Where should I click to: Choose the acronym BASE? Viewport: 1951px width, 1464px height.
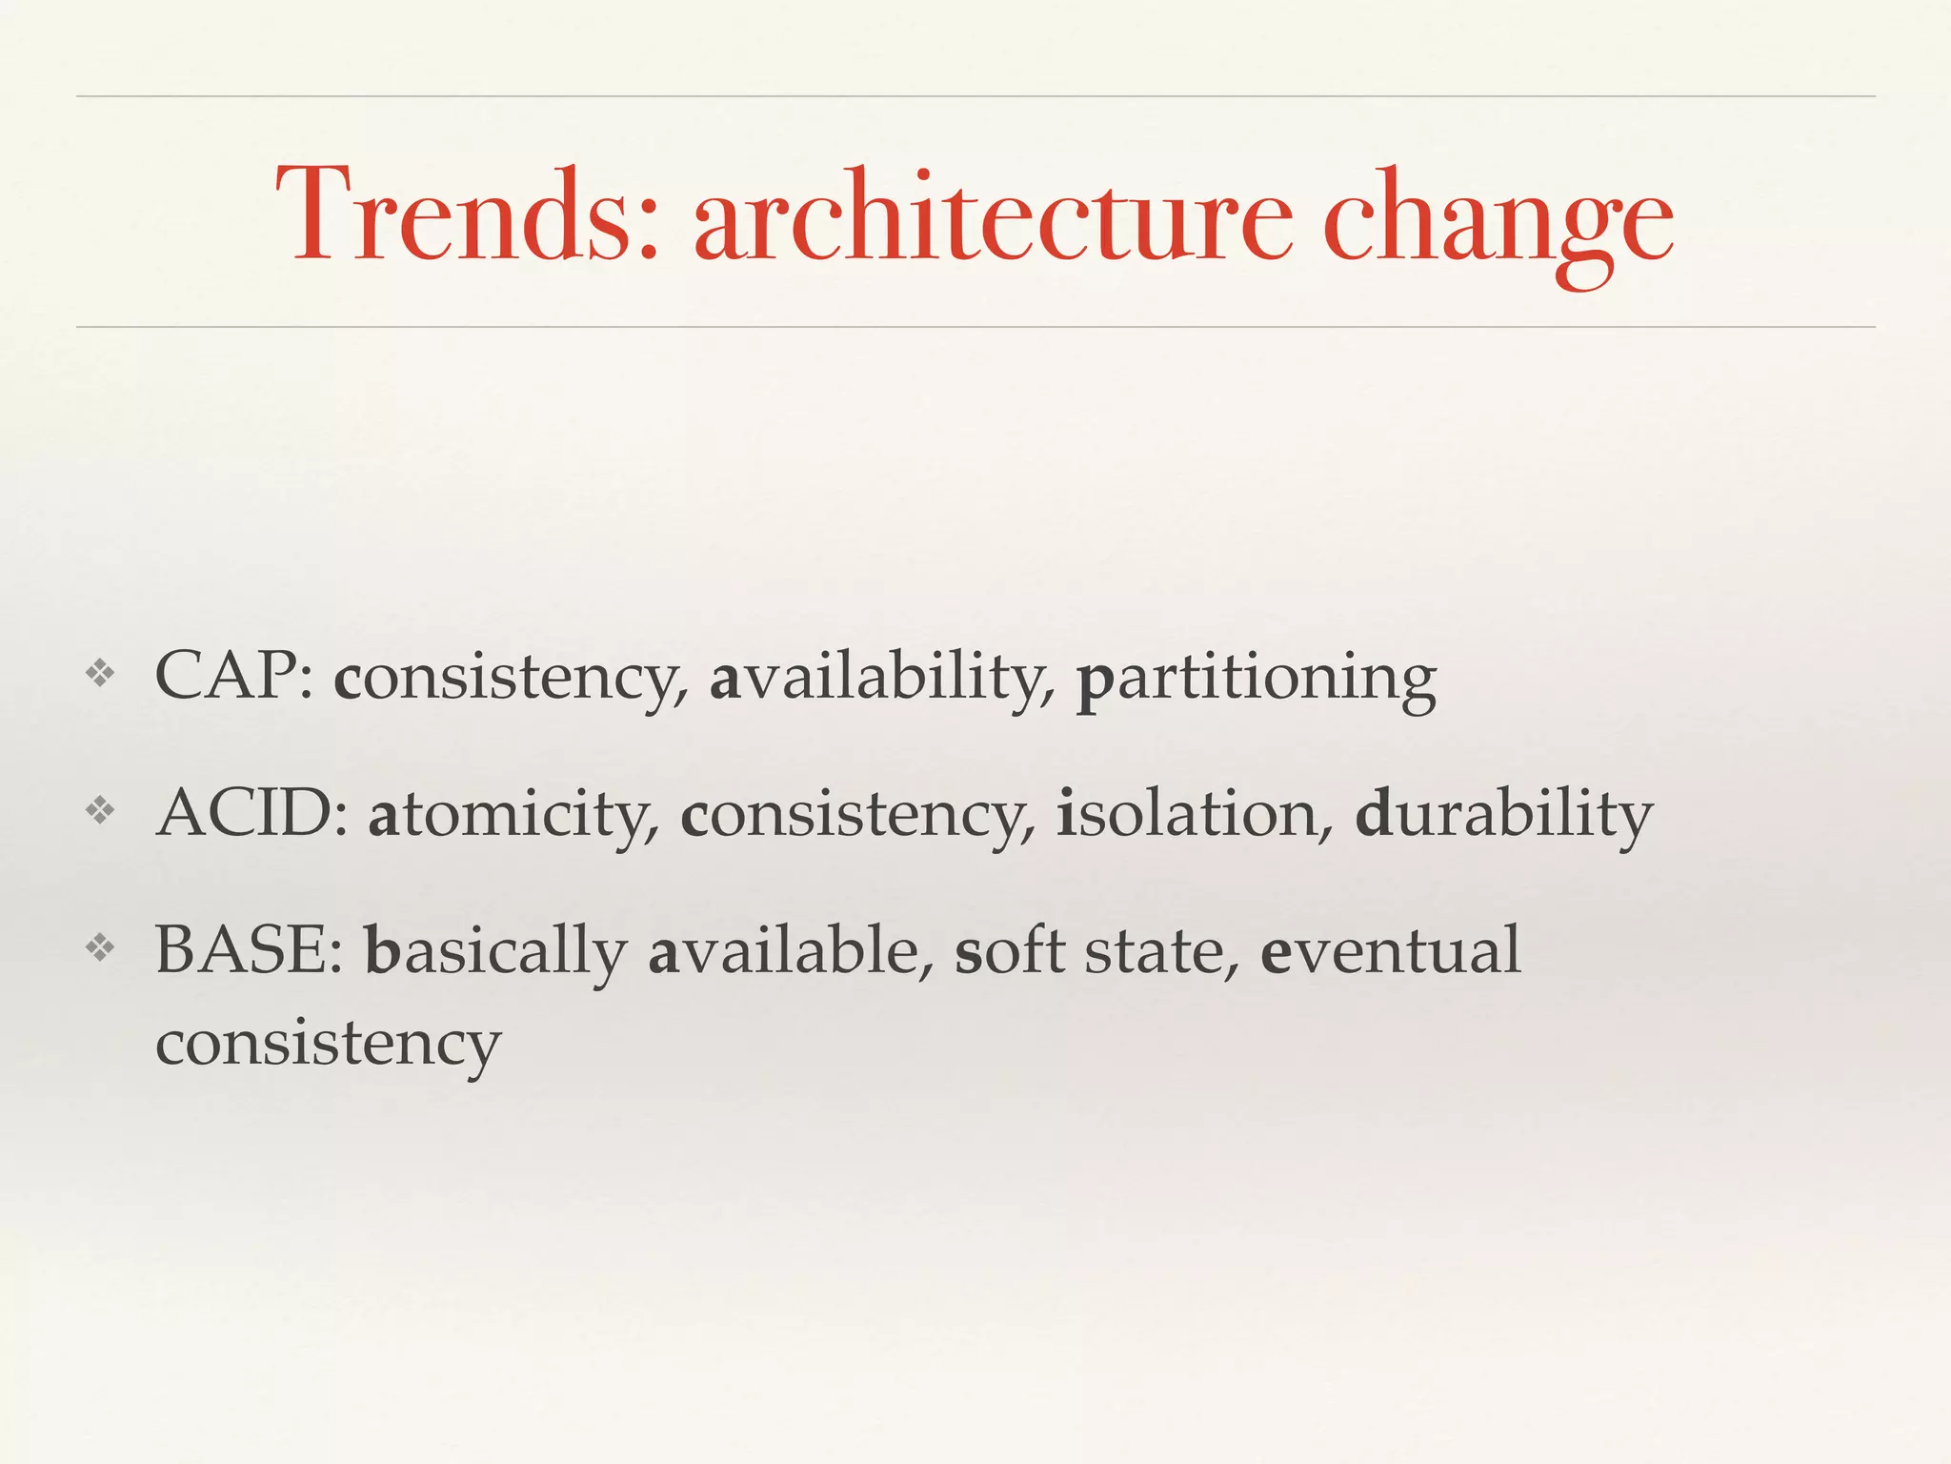click(249, 950)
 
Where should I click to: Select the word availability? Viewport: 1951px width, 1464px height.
click(882, 679)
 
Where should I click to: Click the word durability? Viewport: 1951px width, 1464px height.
click(1503, 816)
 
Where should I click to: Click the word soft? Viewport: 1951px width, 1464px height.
click(1009, 950)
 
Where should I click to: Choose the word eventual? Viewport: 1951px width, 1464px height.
click(1390, 950)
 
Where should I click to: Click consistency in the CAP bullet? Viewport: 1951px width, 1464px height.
click(511, 679)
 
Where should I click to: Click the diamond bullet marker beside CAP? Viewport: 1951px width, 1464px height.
click(100, 675)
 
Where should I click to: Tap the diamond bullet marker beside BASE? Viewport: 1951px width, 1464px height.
click(100, 947)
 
